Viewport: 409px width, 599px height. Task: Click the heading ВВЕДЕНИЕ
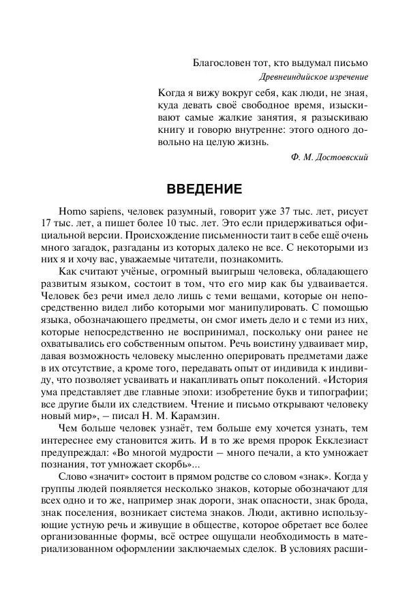click(x=204, y=187)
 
